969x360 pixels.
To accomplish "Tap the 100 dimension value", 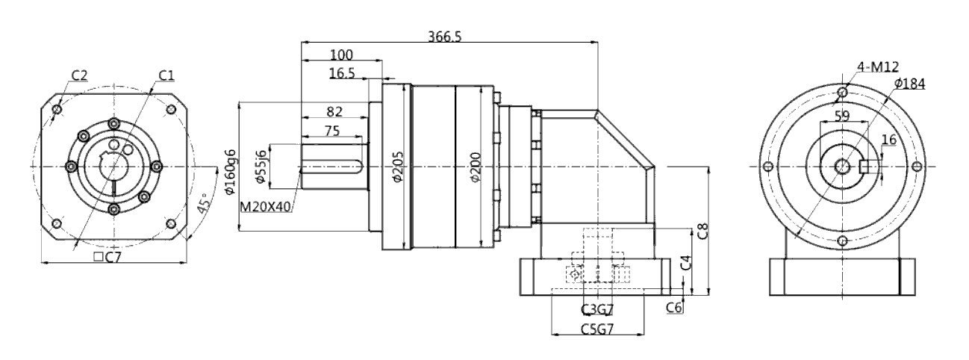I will [x=341, y=55].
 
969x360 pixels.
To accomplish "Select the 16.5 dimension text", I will [x=343, y=72].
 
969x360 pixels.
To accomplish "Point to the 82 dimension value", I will [x=334, y=112].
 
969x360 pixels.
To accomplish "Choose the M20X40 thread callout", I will [x=266, y=205].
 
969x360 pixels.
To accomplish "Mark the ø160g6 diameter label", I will [x=230, y=173].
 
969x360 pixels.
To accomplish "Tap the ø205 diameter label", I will [x=396, y=168].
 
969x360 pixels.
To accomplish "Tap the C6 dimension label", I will [x=675, y=307].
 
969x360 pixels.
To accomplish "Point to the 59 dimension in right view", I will [x=842, y=116].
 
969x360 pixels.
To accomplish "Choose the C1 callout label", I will [x=166, y=75].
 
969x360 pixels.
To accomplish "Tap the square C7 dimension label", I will [x=109, y=258].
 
